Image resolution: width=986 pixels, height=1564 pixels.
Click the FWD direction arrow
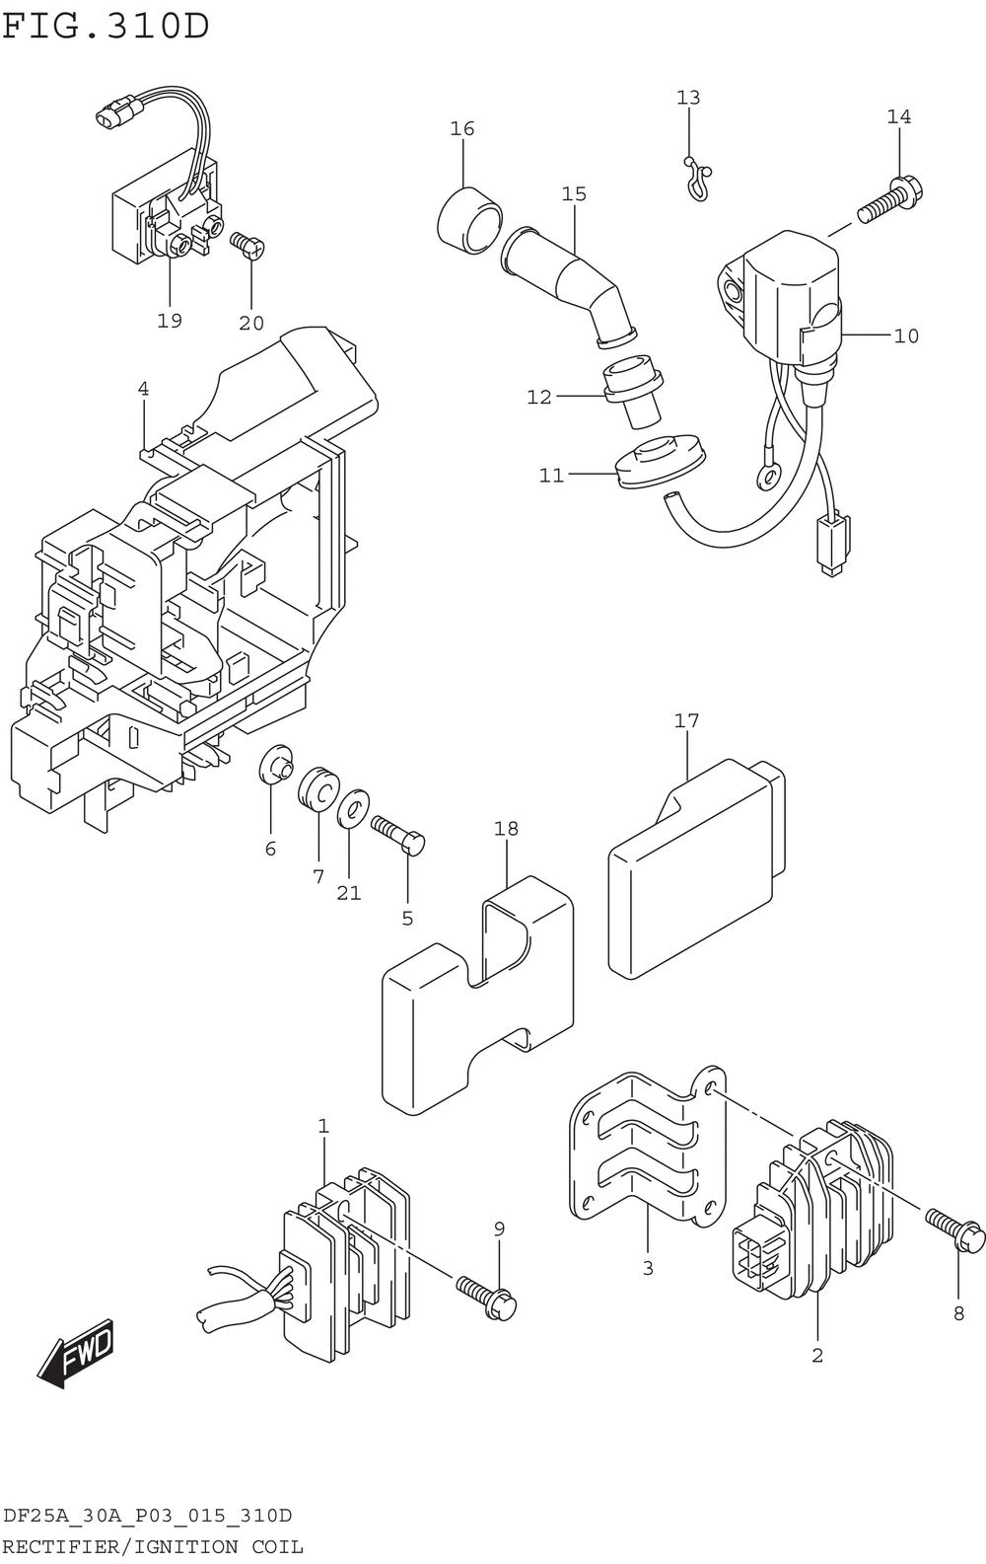pyautogui.click(x=75, y=1353)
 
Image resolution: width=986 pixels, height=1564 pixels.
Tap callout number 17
pyautogui.click(x=686, y=720)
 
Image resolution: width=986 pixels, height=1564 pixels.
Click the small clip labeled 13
pyautogui.click(x=698, y=178)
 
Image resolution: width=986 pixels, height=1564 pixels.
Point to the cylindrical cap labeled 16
pyautogui.click(x=469, y=219)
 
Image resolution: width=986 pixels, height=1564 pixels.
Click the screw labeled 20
pyautogui.click(x=247, y=245)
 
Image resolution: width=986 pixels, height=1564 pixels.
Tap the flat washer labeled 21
pyautogui.click(x=353, y=808)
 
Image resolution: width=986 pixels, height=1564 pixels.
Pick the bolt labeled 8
pyautogui.click(x=955, y=1230)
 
